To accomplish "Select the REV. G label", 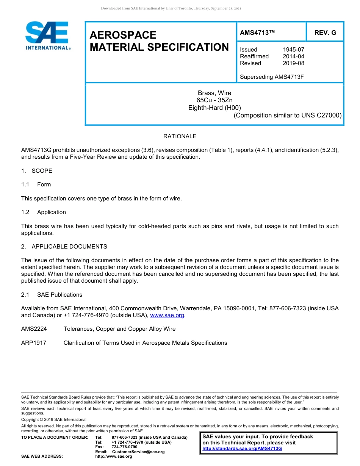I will pyautogui.click(x=325, y=33).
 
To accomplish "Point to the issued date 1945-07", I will pyautogui.click(x=293, y=50).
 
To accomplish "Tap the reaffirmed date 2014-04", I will pyautogui.click(x=293, y=56).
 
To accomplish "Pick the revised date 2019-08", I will pyautogui.click(x=293, y=63).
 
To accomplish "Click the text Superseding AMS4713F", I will pyautogui.click(x=272, y=77).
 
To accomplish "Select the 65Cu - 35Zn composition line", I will pyautogui.click(x=214, y=100).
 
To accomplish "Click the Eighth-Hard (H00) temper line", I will pyautogui.click(x=214, y=108).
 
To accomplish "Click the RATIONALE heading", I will pyautogui.click(x=180, y=136).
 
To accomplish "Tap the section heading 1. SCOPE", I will pyautogui.click(x=37, y=171).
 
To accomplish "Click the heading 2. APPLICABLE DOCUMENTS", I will pyautogui.click(x=64, y=247).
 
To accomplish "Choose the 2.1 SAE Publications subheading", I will pyautogui.click(x=52, y=295).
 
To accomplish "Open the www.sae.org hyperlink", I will pyautogui.click(x=167, y=315).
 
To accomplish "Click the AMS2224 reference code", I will pyautogui.click(x=34, y=329).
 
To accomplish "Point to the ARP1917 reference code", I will pyautogui.click(x=34, y=343).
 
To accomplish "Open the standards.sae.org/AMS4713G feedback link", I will pyautogui.click(x=242, y=449).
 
